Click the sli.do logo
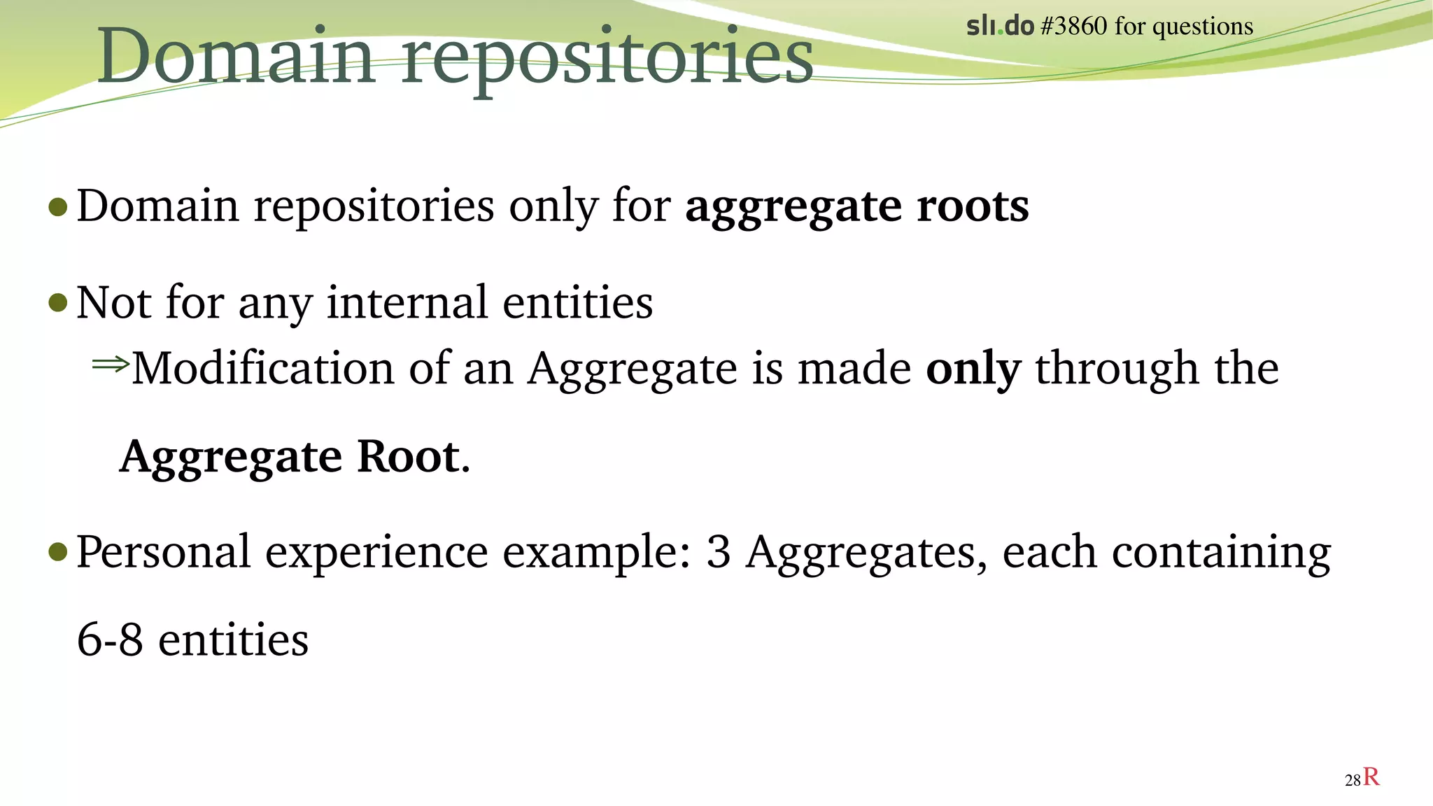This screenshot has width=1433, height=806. point(1000,27)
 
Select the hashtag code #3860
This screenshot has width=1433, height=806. point(1074,27)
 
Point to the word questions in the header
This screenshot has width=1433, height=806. point(1203,28)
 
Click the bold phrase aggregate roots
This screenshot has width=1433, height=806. point(857,206)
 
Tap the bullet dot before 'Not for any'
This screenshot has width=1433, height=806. point(58,304)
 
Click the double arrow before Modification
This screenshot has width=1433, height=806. point(111,364)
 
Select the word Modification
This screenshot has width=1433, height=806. point(263,369)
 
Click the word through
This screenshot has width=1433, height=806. point(1117,369)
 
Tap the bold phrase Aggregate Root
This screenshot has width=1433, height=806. point(290,457)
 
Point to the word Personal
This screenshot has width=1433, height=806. point(163,552)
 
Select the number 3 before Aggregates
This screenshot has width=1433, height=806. point(718,552)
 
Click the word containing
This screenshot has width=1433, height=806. point(1221,553)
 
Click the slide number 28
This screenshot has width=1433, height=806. point(1352,780)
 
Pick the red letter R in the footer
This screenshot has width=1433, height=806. point(1371,777)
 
